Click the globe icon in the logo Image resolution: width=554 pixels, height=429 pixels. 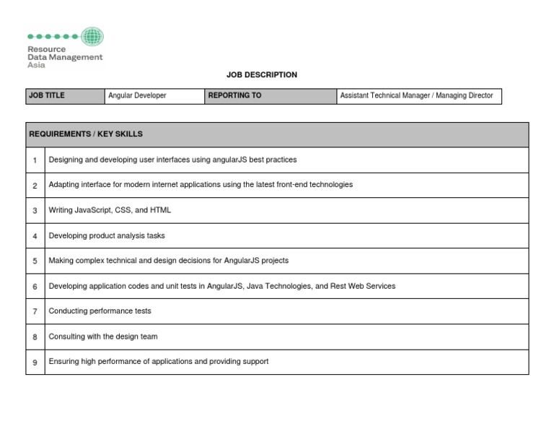92,36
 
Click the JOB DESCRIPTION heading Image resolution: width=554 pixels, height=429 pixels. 261,74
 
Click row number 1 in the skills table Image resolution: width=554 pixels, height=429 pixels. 35,160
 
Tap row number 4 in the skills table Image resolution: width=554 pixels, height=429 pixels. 35,236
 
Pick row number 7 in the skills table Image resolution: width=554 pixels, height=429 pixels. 35,311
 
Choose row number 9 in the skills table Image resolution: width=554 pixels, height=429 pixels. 35,362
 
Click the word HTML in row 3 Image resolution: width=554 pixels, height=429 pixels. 160,210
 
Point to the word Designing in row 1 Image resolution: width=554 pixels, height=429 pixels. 66,160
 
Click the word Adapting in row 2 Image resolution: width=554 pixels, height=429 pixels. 63,185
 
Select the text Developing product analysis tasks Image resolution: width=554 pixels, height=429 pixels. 107,235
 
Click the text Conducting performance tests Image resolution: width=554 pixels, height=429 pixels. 100,311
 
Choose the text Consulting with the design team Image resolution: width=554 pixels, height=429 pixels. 103,337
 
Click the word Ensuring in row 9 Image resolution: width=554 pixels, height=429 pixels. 63,361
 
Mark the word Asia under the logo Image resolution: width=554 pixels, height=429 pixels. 36,65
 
